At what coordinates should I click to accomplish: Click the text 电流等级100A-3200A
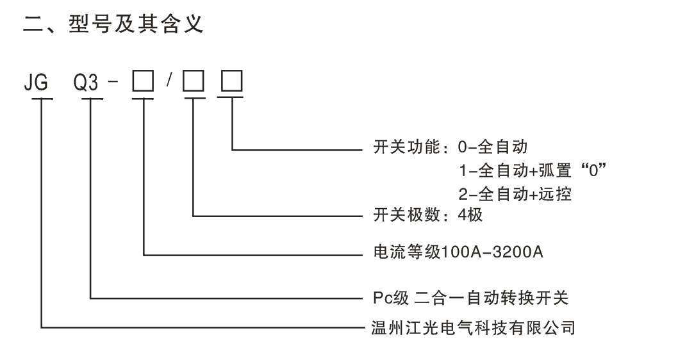pyautogui.click(x=458, y=253)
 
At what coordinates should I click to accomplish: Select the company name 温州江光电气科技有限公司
pyautogui.click(x=474, y=328)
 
